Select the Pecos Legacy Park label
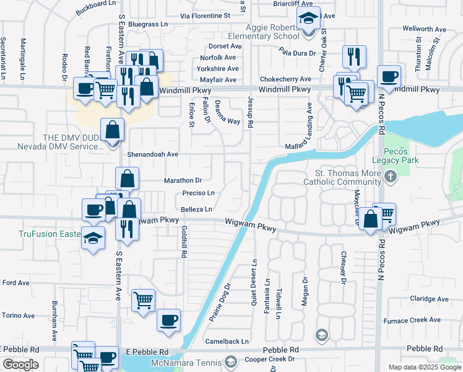pos(400,156)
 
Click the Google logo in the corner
pos(20,365)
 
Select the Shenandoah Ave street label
pos(153,154)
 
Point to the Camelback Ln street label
pos(228,341)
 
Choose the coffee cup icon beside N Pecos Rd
pos(389,77)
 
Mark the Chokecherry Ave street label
pos(285,79)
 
